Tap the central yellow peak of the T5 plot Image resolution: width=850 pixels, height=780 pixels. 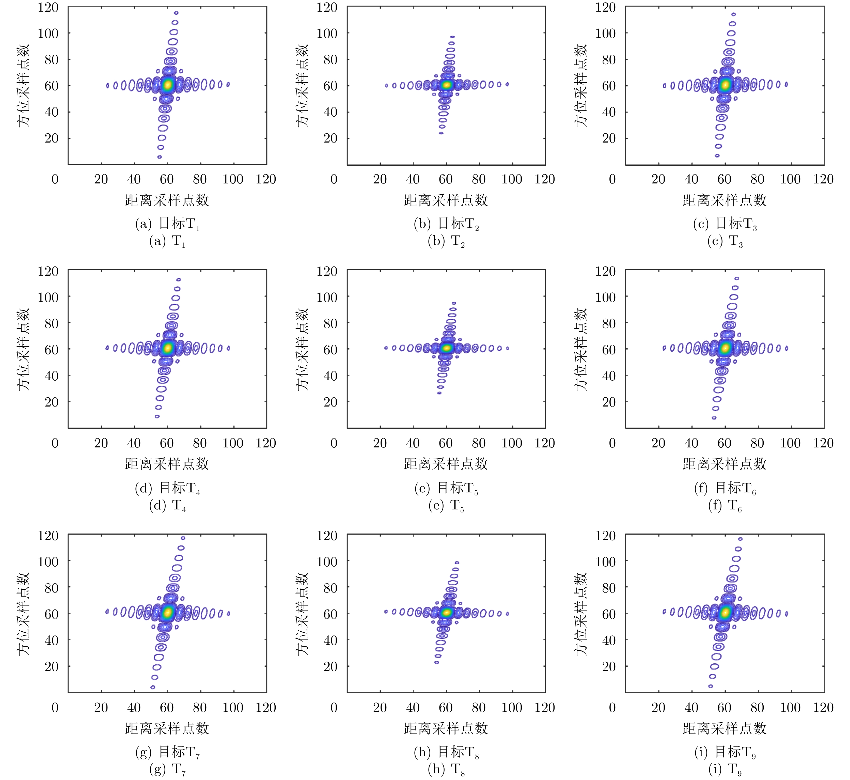447,348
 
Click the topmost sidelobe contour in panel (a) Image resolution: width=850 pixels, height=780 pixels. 176,13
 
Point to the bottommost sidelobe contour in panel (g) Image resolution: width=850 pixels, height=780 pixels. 153,687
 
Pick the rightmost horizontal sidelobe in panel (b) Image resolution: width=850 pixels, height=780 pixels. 507,84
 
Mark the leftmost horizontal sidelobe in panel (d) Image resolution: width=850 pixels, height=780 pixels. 107,348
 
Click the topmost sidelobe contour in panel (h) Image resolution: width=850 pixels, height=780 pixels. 457,563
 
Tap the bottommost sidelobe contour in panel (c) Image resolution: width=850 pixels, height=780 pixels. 717,156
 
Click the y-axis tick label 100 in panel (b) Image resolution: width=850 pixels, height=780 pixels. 327,33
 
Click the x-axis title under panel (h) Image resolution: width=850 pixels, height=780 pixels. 446,728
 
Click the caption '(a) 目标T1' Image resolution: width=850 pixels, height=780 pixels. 168,224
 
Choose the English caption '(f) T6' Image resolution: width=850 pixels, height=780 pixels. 725,505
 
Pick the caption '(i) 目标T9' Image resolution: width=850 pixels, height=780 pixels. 725,752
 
